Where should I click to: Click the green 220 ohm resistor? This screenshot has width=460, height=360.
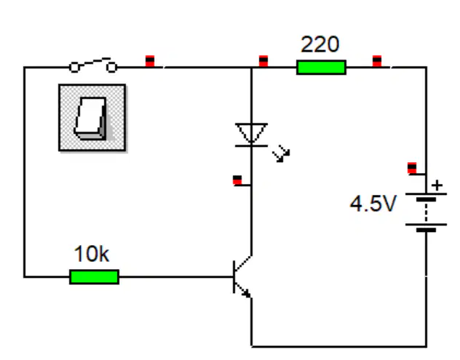pyautogui.click(x=321, y=67)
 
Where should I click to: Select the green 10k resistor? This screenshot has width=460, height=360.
pyautogui.click(x=94, y=277)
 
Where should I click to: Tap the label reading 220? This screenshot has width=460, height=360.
pyautogui.click(x=320, y=44)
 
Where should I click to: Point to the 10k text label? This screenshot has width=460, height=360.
pyautogui.click(x=92, y=254)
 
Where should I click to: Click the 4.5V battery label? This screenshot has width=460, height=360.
pyautogui.click(x=373, y=204)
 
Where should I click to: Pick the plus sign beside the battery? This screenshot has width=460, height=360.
pyautogui.click(x=437, y=185)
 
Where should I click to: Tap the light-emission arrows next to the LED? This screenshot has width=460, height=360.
pyautogui.click(x=282, y=153)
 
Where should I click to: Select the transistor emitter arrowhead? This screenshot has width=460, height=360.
pyautogui.click(x=247, y=293)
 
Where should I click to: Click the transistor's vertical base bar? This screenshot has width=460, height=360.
pyautogui.click(x=234, y=277)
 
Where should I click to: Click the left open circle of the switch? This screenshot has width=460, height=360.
pyautogui.click(x=74, y=68)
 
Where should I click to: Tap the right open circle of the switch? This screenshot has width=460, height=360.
pyautogui.click(x=112, y=68)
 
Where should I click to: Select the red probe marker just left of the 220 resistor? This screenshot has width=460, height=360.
pyautogui.click(x=263, y=61)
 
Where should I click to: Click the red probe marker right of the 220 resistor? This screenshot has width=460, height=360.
pyautogui.click(x=377, y=61)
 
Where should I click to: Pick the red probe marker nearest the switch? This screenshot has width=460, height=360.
pyautogui.click(x=150, y=61)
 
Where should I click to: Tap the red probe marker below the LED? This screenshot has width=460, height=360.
pyautogui.click(x=237, y=180)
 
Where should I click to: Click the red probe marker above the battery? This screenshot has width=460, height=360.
pyautogui.click(x=412, y=168)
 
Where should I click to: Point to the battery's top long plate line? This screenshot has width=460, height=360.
pyautogui.click(x=426, y=194)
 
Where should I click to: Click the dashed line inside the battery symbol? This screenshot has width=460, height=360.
pyautogui.click(x=426, y=212)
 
